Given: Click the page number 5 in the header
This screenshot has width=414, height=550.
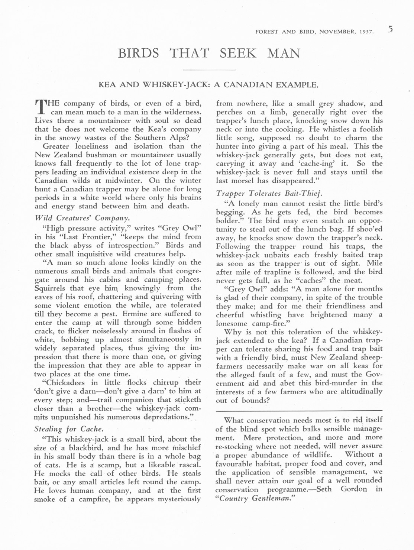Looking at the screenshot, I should [391, 29].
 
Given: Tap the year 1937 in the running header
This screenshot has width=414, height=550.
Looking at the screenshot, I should [366, 32].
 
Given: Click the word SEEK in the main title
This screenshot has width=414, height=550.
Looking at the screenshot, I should [238, 53].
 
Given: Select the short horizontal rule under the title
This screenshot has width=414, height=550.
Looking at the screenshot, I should [210, 70].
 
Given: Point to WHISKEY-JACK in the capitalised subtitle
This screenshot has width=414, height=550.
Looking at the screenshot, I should [177, 85].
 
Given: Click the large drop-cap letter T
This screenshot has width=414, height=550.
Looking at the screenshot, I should [40, 106].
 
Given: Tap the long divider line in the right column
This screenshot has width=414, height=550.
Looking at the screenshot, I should [299, 411].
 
